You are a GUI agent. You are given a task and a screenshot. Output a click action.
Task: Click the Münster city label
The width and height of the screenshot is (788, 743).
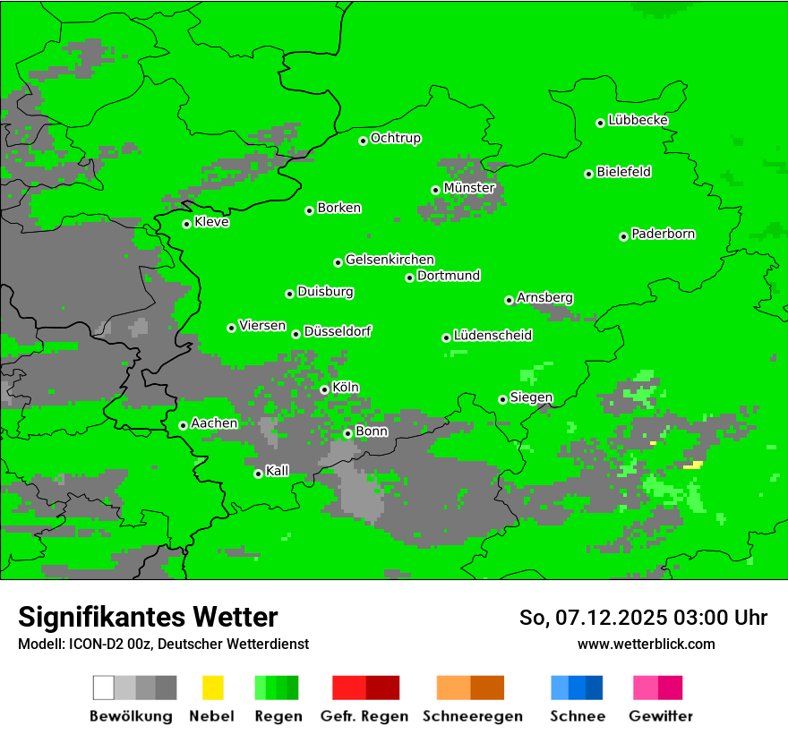point(468,188)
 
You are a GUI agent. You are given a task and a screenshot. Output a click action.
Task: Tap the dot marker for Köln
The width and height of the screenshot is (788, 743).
point(324,389)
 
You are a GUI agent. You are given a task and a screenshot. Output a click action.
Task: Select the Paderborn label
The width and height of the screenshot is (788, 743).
point(663,234)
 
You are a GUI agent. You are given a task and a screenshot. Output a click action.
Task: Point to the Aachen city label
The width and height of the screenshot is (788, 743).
point(214,423)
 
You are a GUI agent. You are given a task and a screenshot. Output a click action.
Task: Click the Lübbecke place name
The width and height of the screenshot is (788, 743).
point(638,120)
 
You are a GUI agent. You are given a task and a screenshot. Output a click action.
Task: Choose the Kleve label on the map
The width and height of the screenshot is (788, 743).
point(211,222)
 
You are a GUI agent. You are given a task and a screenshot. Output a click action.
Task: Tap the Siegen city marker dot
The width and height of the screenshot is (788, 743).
point(502,399)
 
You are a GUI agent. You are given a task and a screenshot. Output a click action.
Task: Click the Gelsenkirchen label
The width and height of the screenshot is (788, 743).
point(390,260)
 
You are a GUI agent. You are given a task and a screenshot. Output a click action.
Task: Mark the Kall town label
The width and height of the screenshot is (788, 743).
point(277,471)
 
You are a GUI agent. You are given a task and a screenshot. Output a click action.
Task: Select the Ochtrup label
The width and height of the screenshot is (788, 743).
point(395,138)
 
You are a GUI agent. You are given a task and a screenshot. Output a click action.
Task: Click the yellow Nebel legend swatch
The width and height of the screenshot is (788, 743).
point(212,687)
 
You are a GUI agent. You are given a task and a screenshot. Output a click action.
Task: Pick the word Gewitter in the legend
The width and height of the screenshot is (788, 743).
point(660,716)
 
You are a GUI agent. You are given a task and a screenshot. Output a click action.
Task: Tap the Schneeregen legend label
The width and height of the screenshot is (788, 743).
point(472,716)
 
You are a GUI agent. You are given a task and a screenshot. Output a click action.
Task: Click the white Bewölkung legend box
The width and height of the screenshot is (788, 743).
point(103,687)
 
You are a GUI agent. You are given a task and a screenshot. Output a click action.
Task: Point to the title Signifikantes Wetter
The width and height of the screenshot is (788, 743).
point(148,617)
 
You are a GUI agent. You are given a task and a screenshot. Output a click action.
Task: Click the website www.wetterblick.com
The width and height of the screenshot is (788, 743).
point(646,644)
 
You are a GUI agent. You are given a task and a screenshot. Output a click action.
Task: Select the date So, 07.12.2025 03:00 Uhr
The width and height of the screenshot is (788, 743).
point(643,618)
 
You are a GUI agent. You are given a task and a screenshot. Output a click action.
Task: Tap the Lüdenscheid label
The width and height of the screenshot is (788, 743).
point(492,335)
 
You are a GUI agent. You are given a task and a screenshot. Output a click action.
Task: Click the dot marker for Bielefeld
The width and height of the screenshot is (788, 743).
point(588,174)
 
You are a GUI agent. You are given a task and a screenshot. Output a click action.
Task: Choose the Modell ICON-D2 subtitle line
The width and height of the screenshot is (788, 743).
point(163,644)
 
